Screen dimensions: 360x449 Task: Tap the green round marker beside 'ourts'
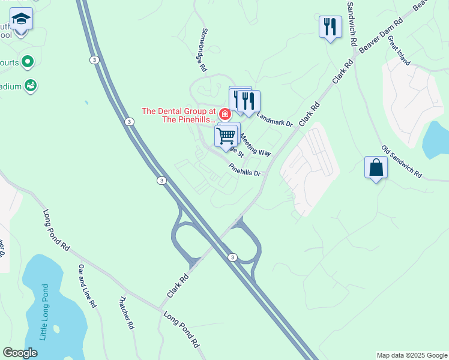(27, 61)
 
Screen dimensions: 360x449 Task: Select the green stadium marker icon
(31, 86)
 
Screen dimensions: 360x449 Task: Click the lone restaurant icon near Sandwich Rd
(330, 27)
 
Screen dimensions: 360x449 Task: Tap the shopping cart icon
(226, 136)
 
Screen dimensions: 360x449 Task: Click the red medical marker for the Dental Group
(224, 114)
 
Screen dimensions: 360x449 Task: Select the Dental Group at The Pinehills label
(178, 115)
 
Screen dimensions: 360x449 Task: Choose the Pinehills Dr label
(245, 170)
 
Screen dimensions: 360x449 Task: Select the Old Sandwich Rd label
(402, 162)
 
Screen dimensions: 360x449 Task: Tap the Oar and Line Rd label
(87, 286)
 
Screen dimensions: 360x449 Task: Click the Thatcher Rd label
(125, 313)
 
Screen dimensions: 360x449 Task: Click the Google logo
(20, 353)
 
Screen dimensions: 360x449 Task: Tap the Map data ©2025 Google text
(412, 355)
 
